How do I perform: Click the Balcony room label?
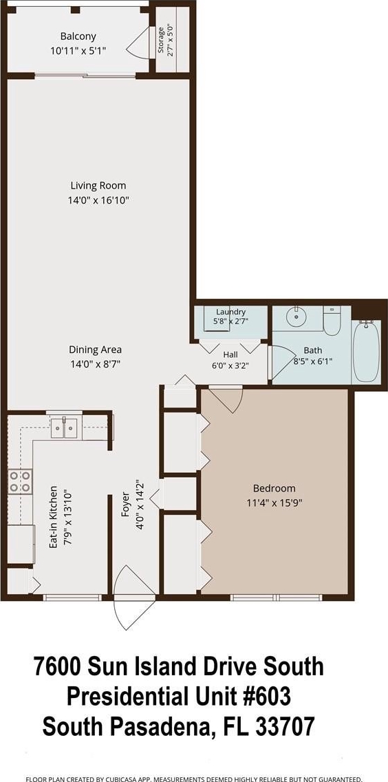(78, 36)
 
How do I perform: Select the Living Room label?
(98, 186)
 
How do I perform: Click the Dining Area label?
(95, 350)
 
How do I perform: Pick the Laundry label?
(230, 313)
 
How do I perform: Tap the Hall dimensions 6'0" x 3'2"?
(230, 365)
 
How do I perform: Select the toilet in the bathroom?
(332, 321)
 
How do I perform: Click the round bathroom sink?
(297, 315)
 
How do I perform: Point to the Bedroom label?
(274, 488)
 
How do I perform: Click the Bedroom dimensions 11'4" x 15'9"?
(274, 503)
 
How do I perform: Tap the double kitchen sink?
(64, 428)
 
